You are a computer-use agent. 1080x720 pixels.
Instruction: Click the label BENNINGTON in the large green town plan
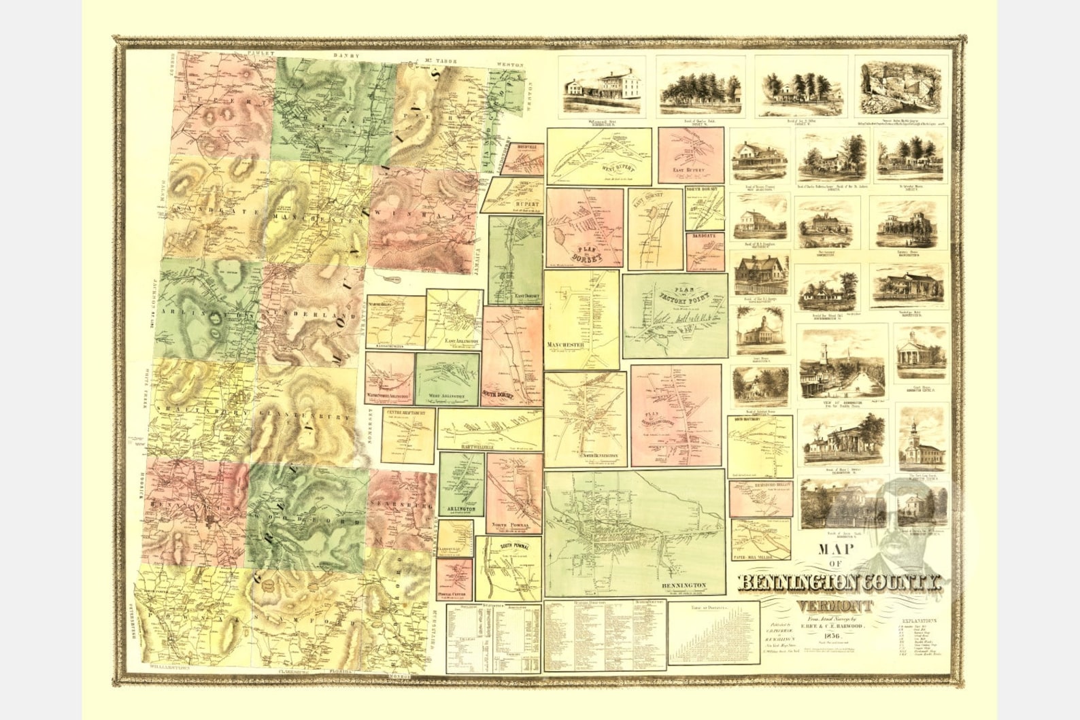pyautogui.click(x=684, y=585)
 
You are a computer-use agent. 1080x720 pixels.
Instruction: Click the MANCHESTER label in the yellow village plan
pyautogui.click(x=566, y=345)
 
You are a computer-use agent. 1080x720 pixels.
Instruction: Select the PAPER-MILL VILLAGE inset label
pyautogui.click(x=760, y=556)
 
